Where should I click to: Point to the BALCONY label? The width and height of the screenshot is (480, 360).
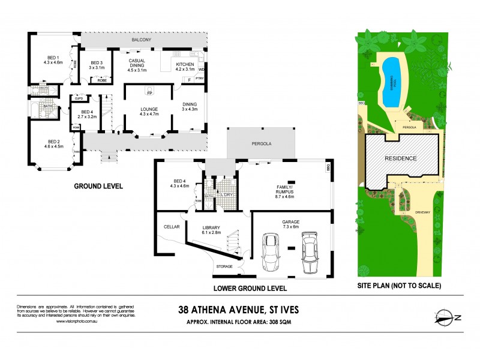click(142, 40)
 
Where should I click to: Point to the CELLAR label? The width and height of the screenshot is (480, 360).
click(172, 227)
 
